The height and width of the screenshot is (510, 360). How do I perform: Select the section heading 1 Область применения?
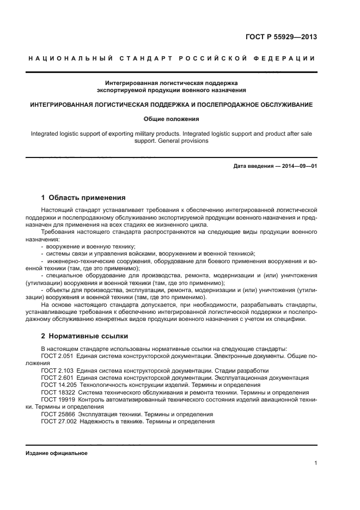[x=83, y=197]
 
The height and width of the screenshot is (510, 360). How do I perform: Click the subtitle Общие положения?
[x=171, y=118]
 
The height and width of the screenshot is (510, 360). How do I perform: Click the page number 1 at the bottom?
[x=316, y=463]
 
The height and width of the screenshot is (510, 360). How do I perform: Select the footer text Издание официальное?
[x=56, y=453]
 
